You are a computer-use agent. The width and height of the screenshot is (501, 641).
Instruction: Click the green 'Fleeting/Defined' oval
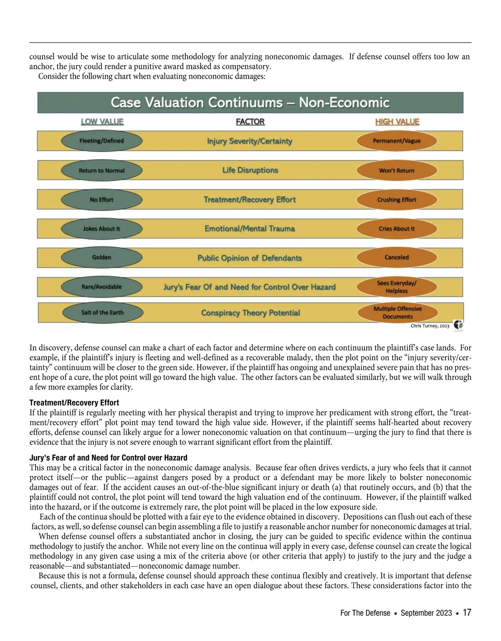click(101, 141)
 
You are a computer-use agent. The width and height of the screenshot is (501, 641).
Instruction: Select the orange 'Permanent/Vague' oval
click(397, 141)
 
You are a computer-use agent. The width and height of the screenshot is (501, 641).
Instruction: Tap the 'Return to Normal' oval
click(101, 170)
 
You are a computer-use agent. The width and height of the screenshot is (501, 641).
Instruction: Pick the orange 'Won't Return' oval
click(397, 170)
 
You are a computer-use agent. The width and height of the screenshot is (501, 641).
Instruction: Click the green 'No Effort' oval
click(101, 200)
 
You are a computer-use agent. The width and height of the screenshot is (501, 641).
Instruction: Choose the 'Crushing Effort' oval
click(397, 200)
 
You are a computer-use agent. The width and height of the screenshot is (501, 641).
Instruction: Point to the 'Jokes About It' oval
click(101, 229)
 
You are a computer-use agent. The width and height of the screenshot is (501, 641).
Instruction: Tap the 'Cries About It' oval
click(397, 229)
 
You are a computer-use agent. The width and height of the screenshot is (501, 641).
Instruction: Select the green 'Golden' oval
click(101, 257)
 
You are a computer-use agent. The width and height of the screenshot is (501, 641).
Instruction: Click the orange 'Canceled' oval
click(397, 257)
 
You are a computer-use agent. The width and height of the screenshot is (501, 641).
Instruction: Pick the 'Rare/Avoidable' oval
click(101, 287)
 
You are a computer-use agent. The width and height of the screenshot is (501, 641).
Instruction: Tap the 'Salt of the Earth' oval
click(102, 312)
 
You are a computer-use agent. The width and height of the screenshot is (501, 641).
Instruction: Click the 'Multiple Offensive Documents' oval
click(397, 312)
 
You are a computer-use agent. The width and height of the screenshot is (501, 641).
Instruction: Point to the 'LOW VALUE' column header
click(102, 122)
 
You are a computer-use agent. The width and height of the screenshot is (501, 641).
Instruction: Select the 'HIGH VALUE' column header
click(397, 122)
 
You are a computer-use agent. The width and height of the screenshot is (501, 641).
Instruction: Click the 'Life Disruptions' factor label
click(250, 170)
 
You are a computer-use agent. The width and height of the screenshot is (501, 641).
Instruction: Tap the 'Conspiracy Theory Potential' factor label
click(250, 313)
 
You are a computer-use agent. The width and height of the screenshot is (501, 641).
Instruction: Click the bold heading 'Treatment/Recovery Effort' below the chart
click(74, 403)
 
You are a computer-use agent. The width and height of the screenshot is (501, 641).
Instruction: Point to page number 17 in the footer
click(467, 613)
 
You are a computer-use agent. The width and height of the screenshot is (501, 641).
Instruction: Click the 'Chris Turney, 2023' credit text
click(430, 326)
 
